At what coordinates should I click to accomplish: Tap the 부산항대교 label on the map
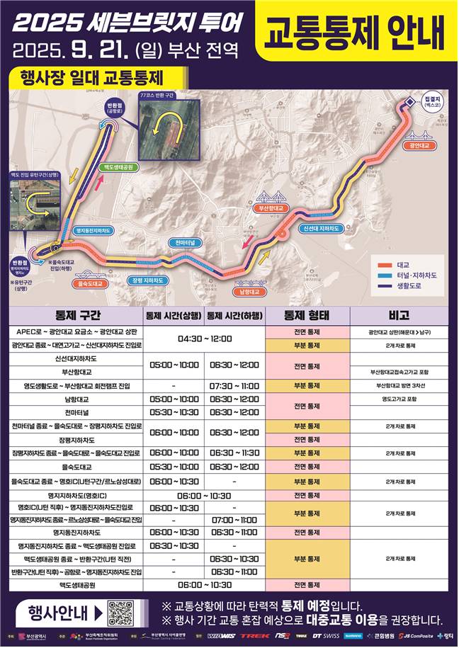(272, 209)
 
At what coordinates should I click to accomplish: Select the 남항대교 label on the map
(251, 290)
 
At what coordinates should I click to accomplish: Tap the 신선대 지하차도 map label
(320, 229)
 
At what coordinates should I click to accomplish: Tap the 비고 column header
(398, 315)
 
